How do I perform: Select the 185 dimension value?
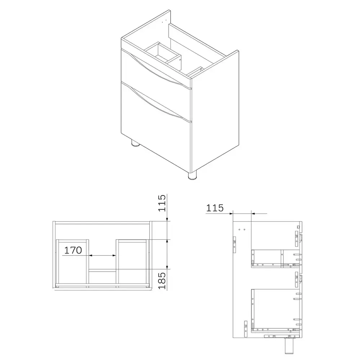pyautogui.click(x=162, y=281)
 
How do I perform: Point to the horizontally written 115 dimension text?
pyautogui.click(x=215, y=208)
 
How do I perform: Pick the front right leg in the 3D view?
pyautogui.click(x=193, y=175)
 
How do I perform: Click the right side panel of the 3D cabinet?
pyautogui.click(x=216, y=119)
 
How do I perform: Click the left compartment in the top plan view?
pyautogui.click(x=72, y=263)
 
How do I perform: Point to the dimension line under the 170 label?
pyautogui.click(x=103, y=256)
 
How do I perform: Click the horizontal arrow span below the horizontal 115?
pyautogui.click(x=242, y=213)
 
